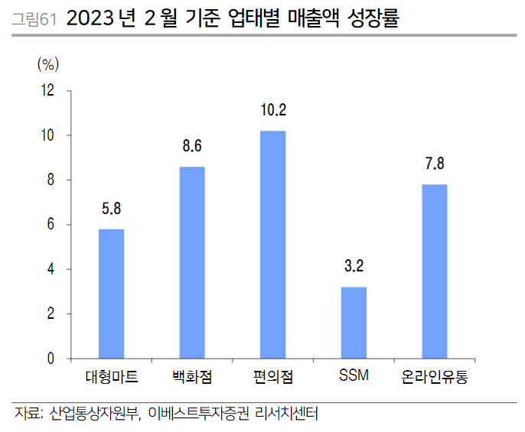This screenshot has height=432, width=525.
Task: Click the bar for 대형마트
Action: (x=111, y=294)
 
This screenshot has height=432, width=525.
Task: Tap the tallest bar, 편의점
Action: (x=273, y=245)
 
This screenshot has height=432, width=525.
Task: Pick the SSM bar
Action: (x=354, y=323)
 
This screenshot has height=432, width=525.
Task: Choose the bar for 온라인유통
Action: (x=435, y=271)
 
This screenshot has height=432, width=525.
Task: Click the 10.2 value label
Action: (x=273, y=112)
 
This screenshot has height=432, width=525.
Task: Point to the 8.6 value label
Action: (x=192, y=147)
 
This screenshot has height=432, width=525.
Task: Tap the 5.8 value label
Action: (x=111, y=209)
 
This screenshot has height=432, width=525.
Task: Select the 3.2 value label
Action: (x=354, y=267)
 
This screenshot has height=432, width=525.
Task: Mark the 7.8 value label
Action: (x=435, y=164)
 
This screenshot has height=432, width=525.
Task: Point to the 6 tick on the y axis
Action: (x=51, y=225)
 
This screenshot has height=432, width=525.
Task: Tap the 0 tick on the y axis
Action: (x=51, y=359)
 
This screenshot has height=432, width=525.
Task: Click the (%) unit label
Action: (x=48, y=63)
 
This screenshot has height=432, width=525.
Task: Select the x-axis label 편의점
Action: (x=273, y=378)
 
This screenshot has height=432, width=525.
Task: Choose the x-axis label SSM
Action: (x=354, y=377)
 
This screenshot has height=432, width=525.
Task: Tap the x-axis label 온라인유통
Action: (x=435, y=378)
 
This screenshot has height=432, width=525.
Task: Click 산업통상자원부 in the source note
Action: (x=93, y=414)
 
